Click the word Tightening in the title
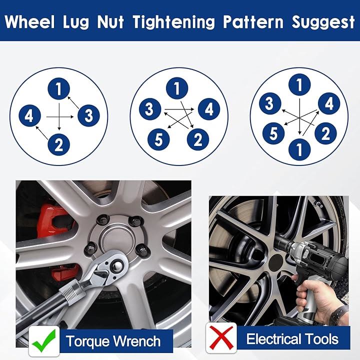(x=174, y=22)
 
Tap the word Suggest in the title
(x=323, y=22)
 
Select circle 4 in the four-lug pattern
(x=30, y=115)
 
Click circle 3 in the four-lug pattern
(x=88, y=115)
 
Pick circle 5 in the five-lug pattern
(x=158, y=139)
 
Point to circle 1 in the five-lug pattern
(x=177, y=88)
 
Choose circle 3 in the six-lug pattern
(x=270, y=103)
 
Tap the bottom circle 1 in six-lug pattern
(x=299, y=149)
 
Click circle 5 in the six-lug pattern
(x=273, y=133)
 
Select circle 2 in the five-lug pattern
(x=198, y=139)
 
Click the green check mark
(x=44, y=340)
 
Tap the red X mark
(x=221, y=337)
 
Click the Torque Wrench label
(x=113, y=341)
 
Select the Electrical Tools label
(x=292, y=339)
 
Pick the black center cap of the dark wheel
(x=275, y=263)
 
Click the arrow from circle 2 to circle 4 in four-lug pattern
(x=42, y=132)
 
